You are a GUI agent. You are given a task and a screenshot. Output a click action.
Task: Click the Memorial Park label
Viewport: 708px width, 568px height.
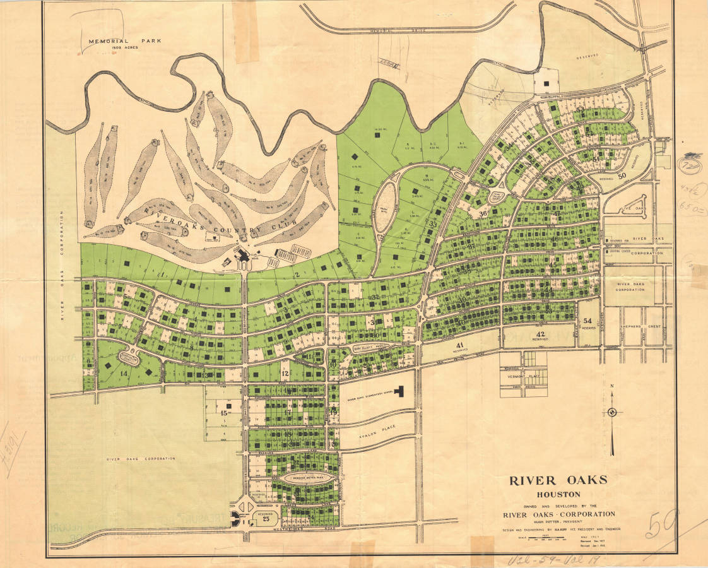point(124,41)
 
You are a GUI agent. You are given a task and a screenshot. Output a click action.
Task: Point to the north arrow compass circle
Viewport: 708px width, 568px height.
point(611,413)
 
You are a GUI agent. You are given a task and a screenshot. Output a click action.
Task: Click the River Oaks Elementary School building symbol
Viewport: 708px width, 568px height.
point(399,393)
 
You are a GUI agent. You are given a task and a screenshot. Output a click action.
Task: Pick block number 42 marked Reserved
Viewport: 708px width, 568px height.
point(540,334)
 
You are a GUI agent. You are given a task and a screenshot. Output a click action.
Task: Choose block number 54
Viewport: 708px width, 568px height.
point(588,321)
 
